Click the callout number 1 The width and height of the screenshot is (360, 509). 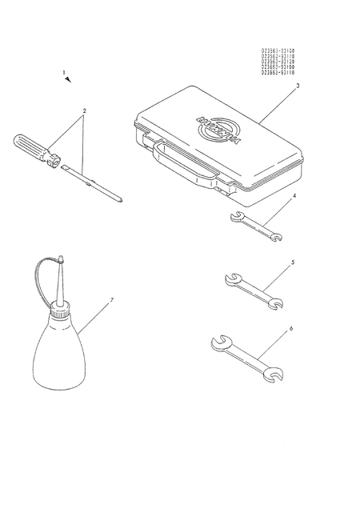point(64,72)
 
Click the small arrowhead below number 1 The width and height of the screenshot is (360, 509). point(70,79)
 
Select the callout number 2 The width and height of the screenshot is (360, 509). point(85,110)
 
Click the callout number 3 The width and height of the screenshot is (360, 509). point(298,84)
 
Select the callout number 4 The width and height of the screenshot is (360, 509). point(294,195)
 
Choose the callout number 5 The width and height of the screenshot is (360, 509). point(293,261)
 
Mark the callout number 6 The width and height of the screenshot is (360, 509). point(291,328)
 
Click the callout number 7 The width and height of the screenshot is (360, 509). point(111,299)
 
